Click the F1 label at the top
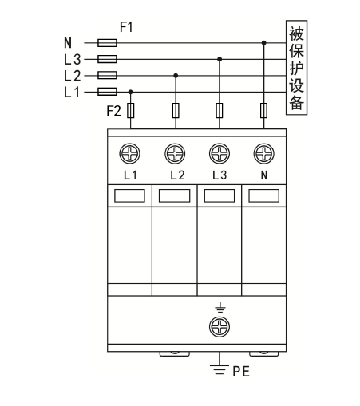[x=126, y=26]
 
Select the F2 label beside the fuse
[x=115, y=109]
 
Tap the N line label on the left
[x=67, y=42]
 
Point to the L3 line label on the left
[x=71, y=58]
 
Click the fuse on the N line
[x=107, y=42]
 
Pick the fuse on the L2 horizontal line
[x=107, y=75]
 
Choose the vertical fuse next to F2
[x=131, y=110]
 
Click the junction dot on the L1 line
[x=131, y=91]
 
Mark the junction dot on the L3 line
[x=219, y=58]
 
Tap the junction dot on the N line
[x=263, y=42]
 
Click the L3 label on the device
[x=219, y=174]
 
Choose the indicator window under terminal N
[x=263, y=195]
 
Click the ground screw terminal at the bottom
[x=219, y=325]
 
